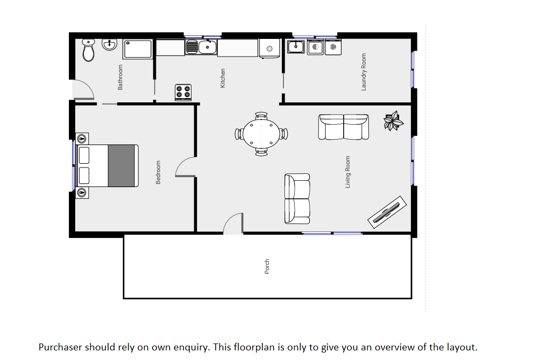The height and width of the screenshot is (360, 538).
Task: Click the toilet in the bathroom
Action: pyautogui.click(x=89, y=50)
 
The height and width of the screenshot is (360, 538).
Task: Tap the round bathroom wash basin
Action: pyautogui.click(x=110, y=45)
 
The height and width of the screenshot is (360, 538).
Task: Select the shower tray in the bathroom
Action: pyautogui.click(x=138, y=49)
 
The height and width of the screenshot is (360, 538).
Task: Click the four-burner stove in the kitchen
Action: pyautogui.click(x=183, y=92)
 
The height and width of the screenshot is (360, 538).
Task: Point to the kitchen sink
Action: pyautogui.click(x=201, y=47)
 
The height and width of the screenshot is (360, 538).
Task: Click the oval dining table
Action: pyautogui.click(x=262, y=134)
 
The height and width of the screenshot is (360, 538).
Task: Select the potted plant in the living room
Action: pyautogui.click(x=393, y=121)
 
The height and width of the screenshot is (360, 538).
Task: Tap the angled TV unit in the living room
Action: pyautogui.click(x=387, y=212)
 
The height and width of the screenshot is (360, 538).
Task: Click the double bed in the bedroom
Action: pyautogui.click(x=107, y=165)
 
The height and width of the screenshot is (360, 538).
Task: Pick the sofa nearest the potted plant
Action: pyautogui.click(x=344, y=127)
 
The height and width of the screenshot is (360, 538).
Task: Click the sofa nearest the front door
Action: pyautogui.click(x=297, y=199)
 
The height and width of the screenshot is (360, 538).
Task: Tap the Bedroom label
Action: pyautogui.click(x=158, y=172)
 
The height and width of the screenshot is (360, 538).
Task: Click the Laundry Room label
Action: pyautogui.click(x=363, y=72)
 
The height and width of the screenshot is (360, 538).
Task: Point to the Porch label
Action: pyautogui.click(x=267, y=267)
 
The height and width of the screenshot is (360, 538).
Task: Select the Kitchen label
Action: pyautogui.click(x=223, y=78)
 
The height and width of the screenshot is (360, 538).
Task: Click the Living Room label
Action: pyautogui.click(x=347, y=172)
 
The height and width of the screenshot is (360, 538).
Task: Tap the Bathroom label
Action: pyautogui.click(x=120, y=77)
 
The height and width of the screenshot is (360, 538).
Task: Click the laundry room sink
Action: pyautogui.click(x=296, y=46)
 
